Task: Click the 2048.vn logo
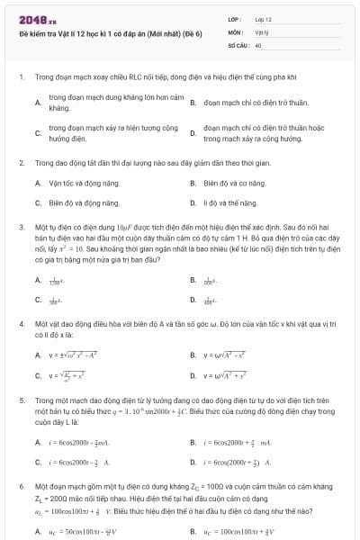click(x=32, y=19)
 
